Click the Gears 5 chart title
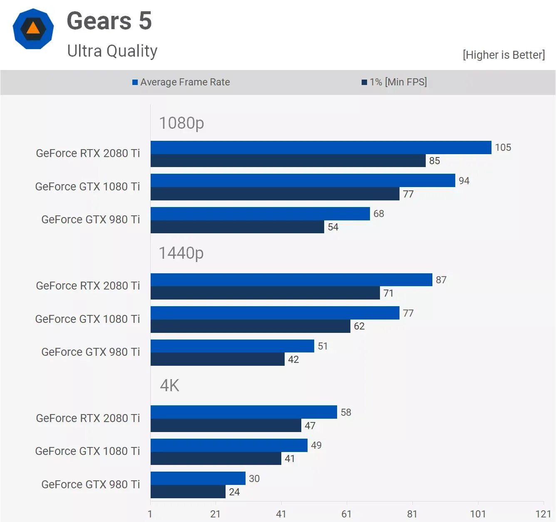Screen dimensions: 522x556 click(109, 21)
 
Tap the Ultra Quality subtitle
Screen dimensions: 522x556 click(112, 51)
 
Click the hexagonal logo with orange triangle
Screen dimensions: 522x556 click(33, 29)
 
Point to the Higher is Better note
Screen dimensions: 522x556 click(504, 55)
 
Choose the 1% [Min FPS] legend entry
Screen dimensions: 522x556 click(394, 82)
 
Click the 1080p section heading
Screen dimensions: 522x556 click(181, 123)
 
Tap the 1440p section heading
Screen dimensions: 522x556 click(181, 253)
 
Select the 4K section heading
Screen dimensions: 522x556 click(169, 385)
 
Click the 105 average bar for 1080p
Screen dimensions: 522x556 click(320, 147)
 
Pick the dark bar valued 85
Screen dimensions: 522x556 click(288, 161)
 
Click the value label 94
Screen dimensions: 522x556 click(464, 181)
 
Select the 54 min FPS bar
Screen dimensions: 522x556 click(237, 227)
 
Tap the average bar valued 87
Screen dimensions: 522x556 click(291, 280)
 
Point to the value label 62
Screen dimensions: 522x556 click(359, 326)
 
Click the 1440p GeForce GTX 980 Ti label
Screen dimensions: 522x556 click(90, 352)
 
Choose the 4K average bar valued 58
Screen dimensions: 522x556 click(243, 412)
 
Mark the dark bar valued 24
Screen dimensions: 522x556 click(188, 492)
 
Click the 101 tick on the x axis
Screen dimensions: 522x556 click(478, 514)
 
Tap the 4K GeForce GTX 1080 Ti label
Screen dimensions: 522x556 click(87, 451)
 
